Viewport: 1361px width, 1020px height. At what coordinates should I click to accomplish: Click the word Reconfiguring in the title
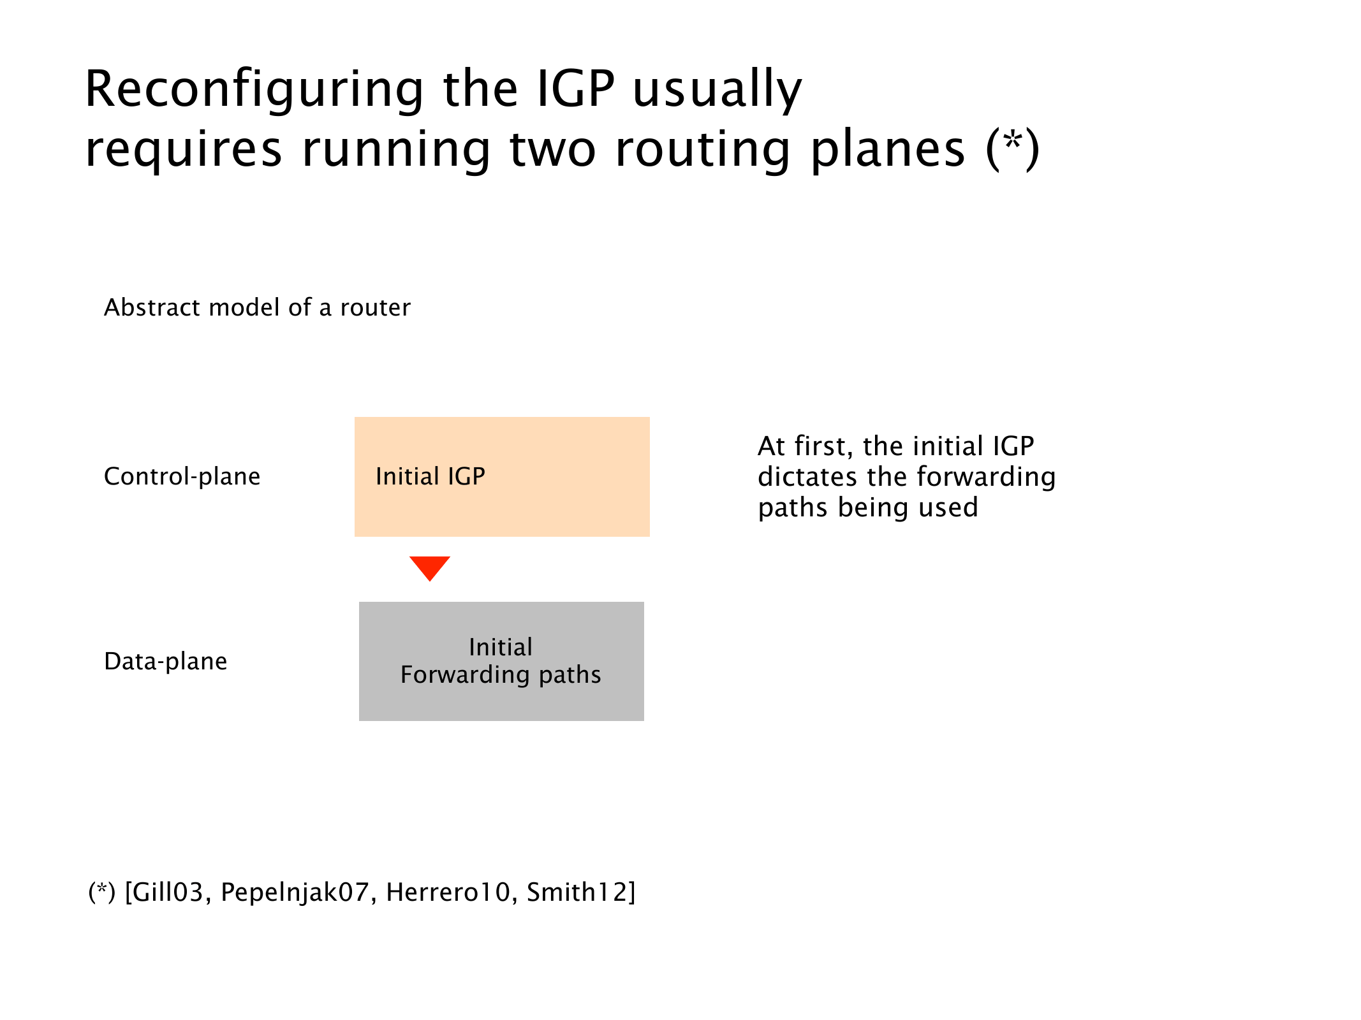tap(254, 91)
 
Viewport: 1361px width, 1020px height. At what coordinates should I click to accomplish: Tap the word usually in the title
tap(717, 91)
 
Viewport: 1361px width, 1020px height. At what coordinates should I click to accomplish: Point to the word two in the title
tap(553, 150)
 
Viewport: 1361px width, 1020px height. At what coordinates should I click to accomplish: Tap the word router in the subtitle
tap(376, 307)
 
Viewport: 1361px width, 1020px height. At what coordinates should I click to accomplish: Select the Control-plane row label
tap(182, 477)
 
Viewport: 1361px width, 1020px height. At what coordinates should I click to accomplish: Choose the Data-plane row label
tap(166, 662)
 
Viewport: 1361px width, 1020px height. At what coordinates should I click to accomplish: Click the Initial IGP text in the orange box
tap(430, 476)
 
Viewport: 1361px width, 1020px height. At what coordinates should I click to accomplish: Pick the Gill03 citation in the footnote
tap(168, 892)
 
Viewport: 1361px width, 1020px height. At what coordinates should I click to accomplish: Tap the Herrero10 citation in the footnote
tap(448, 892)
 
